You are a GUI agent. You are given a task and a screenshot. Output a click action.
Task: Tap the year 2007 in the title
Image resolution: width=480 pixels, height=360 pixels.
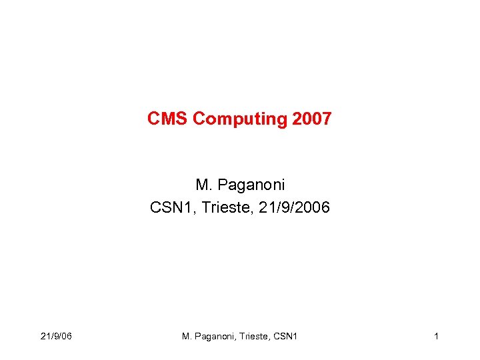311,119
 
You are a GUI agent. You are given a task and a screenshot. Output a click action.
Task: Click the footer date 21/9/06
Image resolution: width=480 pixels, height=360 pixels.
56,336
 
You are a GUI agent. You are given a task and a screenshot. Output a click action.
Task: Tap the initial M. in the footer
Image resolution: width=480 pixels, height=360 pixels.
187,336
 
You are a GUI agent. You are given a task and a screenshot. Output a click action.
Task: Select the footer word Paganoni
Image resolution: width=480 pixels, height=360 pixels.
217,336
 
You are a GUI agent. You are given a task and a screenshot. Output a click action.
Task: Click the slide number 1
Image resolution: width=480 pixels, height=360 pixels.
436,336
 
